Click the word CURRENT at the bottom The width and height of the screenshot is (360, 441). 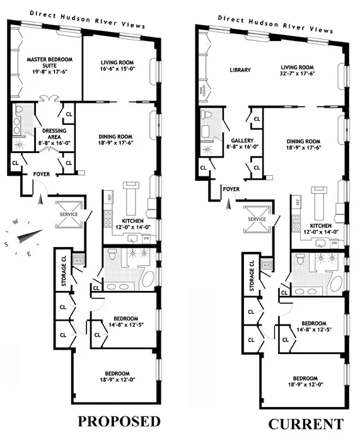pyautogui.click(x=306, y=423)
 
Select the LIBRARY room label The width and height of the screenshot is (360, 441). pyautogui.click(x=240, y=70)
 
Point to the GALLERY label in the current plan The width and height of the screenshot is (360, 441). pyautogui.click(x=241, y=140)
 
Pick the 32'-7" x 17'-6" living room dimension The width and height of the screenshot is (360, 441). pyautogui.click(x=297, y=74)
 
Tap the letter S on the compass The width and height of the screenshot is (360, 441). pyautogui.click(x=7, y=245)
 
